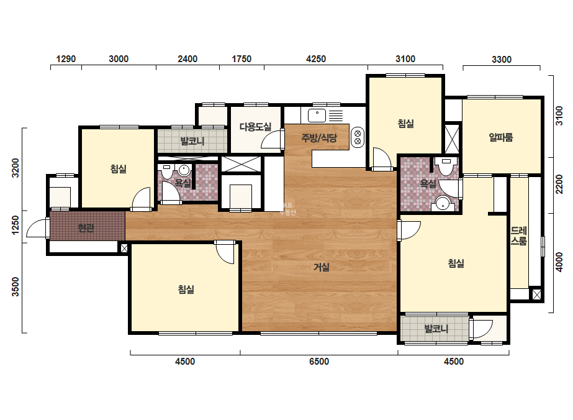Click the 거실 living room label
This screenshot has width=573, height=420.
322,267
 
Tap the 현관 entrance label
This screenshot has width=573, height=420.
86,228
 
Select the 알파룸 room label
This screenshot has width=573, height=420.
501,137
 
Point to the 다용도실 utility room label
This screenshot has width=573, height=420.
255,127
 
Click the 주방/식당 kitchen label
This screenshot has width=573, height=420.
319,138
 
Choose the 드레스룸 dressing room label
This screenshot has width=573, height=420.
519,236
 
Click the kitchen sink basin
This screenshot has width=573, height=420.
317,116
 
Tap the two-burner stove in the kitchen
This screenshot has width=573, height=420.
358,137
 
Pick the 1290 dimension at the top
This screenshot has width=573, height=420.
66,59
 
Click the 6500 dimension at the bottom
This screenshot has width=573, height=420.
319,362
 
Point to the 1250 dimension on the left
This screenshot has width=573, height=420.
15,225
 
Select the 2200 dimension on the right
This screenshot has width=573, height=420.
559,184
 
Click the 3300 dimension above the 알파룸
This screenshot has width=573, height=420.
502,59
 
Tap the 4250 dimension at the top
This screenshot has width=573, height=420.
316,59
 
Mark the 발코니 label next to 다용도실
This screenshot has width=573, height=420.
192,141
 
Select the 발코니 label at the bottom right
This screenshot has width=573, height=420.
436,329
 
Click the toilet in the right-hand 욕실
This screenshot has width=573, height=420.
446,167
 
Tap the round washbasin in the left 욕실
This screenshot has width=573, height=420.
184,170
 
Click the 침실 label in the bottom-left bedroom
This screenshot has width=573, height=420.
186,290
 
